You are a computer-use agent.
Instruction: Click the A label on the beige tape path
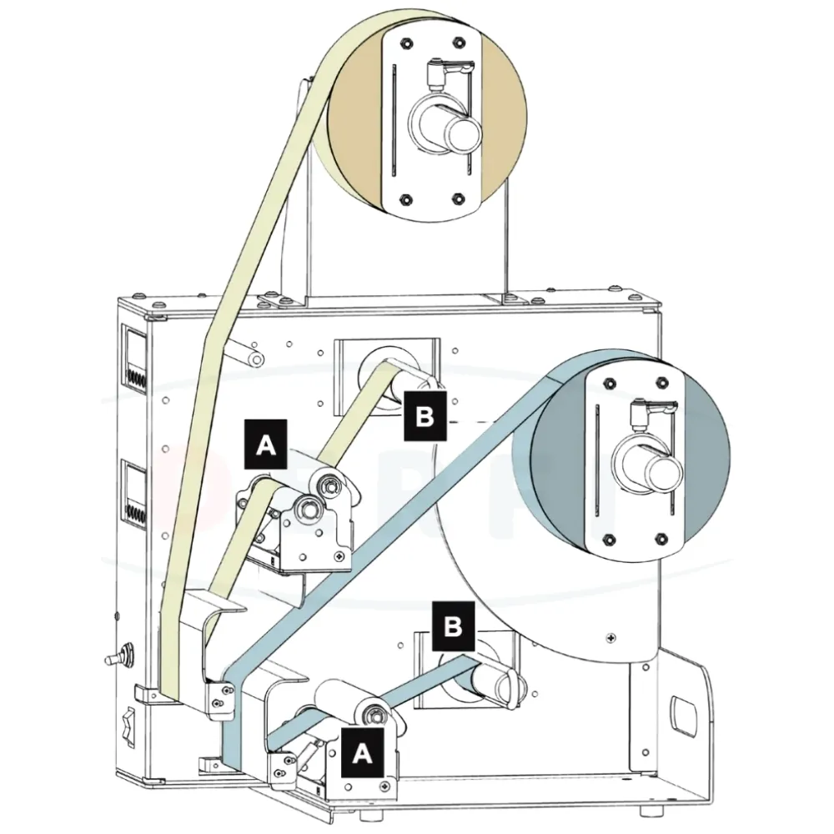(264, 445)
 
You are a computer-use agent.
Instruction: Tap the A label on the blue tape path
(362, 752)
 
